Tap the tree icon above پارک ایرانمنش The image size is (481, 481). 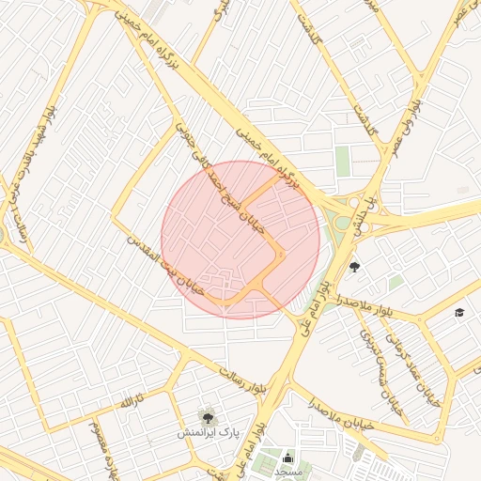pyautogui.click(x=206, y=416)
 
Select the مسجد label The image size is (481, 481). pyautogui.click(x=288, y=472)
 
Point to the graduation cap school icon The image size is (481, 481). pyautogui.click(x=459, y=313)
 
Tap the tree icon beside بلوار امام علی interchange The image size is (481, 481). pyautogui.click(x=354, y=268)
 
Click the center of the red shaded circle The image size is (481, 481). pyautogui.click(x=240, y=240)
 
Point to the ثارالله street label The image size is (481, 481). pyautogui.click(x=122, y=404)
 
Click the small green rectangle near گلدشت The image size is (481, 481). pyautogui.click(x=342, y=161)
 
